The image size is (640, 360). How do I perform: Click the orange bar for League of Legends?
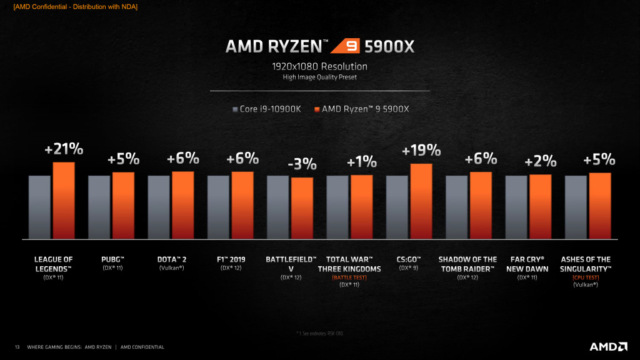pyautogui.click(x=64, y=200)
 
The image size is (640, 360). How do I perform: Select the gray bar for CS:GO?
pyautogui.click(x=397, y=207)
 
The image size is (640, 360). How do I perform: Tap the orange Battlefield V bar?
pyautogui.click(x=302, y=208)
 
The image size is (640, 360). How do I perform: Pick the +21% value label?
pyautogui.click(x=64, y=150)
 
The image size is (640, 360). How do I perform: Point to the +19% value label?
pyautogui.click(x=421, y=151)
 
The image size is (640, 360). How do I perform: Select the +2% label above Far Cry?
pyautogui.click(x=541, y=161)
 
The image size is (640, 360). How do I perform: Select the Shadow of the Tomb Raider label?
pyautogui.click(x=468, y=263)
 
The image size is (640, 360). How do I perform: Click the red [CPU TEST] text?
pyautogui.click(x=586, y=277)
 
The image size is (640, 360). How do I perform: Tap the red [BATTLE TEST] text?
pyautogui.click(x=349, y=277)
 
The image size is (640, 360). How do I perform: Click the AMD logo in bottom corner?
pyautogui.click(x=608, y=346)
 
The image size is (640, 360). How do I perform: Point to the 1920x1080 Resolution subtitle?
pyautogui.click(x=319, y=66)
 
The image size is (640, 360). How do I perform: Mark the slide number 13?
pyautogui.click(x=17, y=347)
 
